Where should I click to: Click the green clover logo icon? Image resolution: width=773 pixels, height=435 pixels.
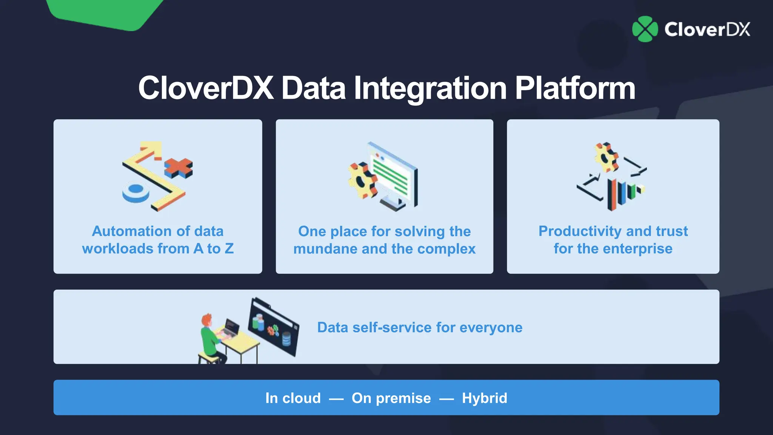(645, 29)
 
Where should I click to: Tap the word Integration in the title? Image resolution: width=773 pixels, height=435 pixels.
(430, 88)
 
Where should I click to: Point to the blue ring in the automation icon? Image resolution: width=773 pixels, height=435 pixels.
(136, 192)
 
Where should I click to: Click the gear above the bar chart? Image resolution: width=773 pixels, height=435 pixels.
(606, 157)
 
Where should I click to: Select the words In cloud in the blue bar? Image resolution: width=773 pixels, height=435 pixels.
(293, 398)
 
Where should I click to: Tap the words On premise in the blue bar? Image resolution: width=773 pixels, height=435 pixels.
(391, 398)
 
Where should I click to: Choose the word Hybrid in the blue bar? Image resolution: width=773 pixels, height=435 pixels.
(484, 398)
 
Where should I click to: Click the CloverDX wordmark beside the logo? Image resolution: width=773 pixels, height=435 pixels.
(707, 29)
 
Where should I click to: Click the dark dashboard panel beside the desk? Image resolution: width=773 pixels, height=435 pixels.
(274, 327)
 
